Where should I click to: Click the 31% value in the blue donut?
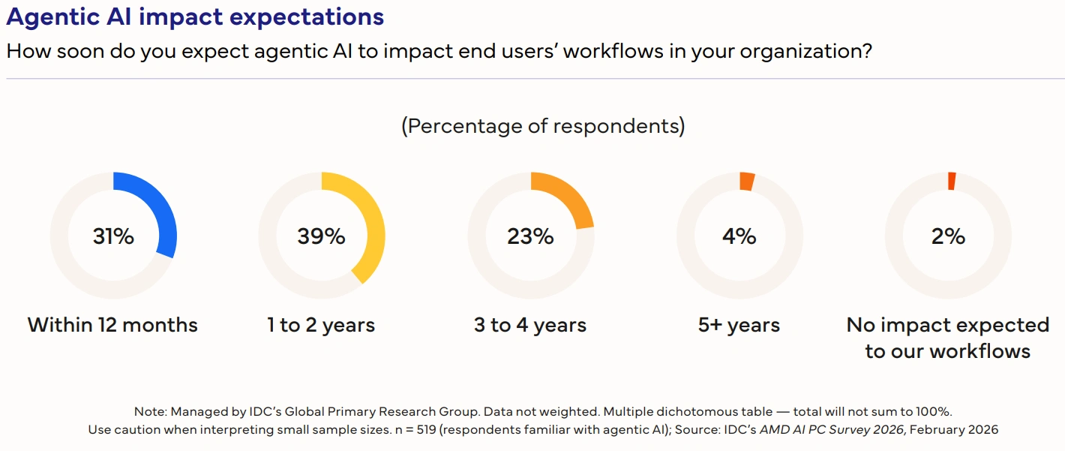[x=113, y=236]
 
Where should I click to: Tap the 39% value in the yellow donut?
[x=321, y=236]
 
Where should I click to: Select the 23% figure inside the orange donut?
[x=530, y=236]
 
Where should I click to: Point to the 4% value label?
[x=739, y=236]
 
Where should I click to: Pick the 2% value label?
[x=948, y=236]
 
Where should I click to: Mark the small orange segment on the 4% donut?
[x=747, y=182]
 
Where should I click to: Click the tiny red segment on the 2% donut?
[x=952, y=181]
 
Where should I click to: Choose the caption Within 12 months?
[x=113, y=325]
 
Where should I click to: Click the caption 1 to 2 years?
[x=321, y=325]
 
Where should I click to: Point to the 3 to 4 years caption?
[x=530, y=325]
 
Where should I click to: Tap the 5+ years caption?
[x=739, y=325]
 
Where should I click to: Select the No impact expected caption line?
[x=948, y=325]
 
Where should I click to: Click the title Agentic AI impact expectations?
[x=195, y=17]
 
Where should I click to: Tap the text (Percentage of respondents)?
[x=543, y=126]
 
